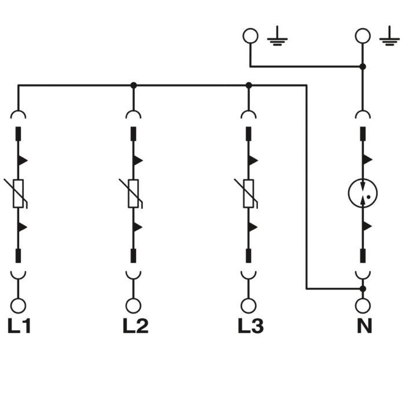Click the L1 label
(19, 326)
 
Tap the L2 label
(135, 326)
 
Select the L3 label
(251, 326)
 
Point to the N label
(364, 326)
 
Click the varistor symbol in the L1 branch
(18, 193)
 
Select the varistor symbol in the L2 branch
(134, 193)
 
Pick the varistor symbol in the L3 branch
(249, 193)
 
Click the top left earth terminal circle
(250, 36)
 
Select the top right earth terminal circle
(363, 36)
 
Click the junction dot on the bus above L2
(134, 85)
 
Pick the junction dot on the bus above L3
(249, 85)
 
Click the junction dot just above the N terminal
(363, 288)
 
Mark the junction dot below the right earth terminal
(363, 67)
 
